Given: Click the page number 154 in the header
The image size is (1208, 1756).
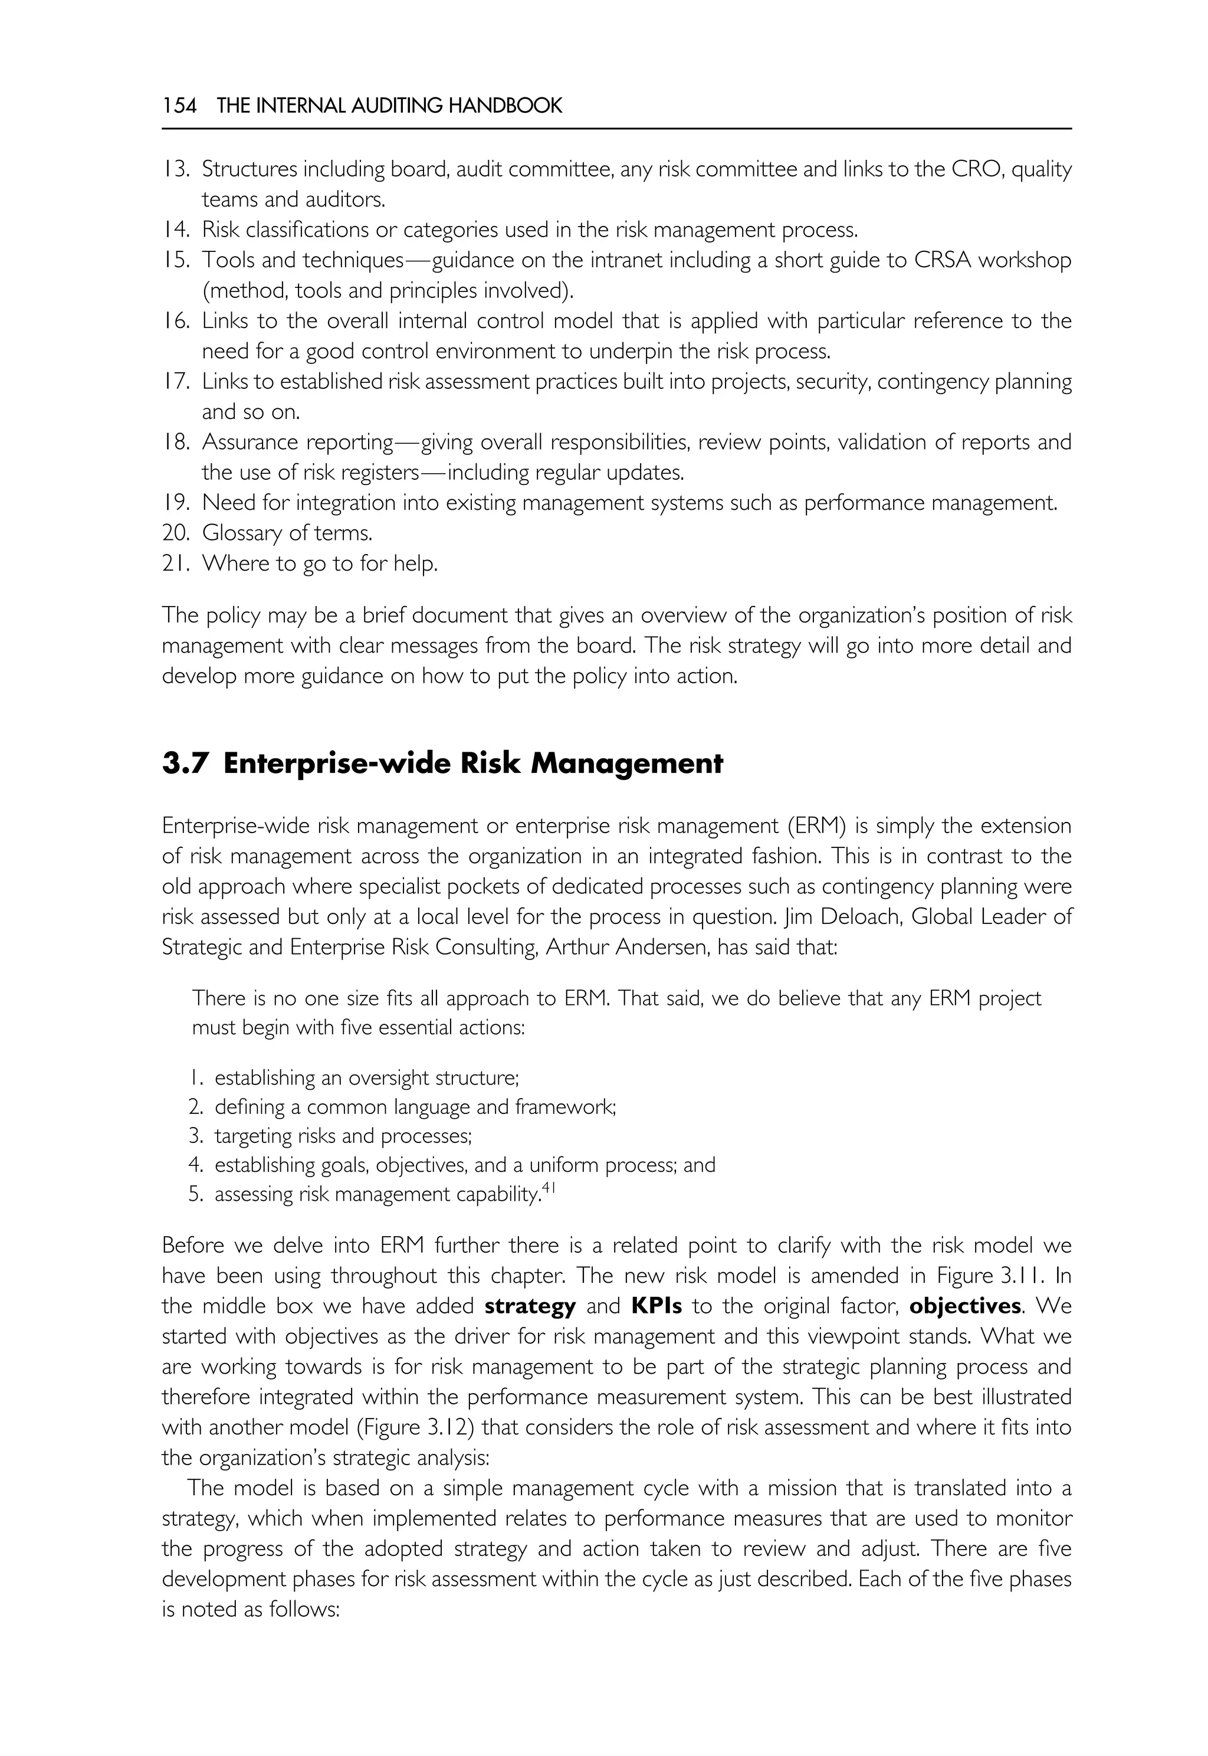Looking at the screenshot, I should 179,106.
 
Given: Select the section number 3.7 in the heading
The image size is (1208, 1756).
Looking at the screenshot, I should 184,764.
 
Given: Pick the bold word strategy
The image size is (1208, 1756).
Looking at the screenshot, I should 530,1306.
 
